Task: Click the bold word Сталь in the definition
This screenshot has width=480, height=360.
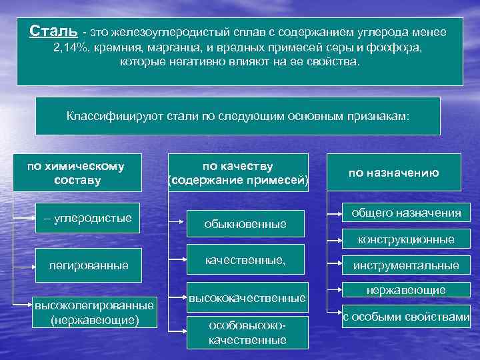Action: [x=54, y=31]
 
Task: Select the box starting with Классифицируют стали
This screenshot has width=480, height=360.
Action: [x=238, y=116]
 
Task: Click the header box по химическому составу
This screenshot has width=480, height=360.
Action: [x=75, y=173]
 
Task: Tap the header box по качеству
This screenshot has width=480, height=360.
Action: [x=238, y=173]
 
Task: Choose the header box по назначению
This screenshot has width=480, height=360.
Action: [x=393, y=173]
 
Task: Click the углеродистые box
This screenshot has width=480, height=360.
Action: [x=88, y=218]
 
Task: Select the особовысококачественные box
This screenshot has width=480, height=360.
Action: [x=247, y=333]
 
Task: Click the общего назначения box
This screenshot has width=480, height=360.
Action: [x=407, y=213]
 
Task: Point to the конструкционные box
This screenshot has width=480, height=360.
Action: [x=406, y=239]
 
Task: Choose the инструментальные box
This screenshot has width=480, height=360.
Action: [x=406, y=265]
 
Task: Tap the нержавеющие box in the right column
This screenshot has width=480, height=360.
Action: [x=406, y=291]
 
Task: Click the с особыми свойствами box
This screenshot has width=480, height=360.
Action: [x=406, y=317]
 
